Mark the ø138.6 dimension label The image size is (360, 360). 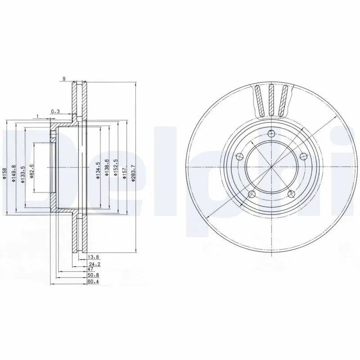coord(106,167)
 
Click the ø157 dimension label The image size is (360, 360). coord(124,169)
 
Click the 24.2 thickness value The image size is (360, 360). coord(93,264)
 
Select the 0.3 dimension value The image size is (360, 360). coord(55,111)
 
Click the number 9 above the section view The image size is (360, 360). coord(64,79)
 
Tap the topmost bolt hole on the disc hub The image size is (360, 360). coord(270,133)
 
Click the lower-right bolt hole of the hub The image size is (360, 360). coord(291,194)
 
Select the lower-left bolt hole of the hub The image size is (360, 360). coord(252,194)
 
